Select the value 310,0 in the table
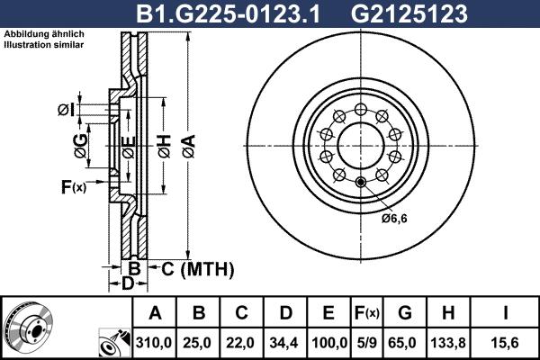tap(155, 342)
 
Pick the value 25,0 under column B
tap(200, 342)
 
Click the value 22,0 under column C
tap(242, 342)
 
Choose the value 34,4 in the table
tap(285, 342)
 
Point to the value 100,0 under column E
tap(329, 342)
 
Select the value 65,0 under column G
tap(404, 342)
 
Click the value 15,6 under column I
tap(506, 342)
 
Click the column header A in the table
tap(155, 313)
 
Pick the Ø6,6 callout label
tap(394, 218)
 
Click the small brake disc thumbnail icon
tap(35, 328)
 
